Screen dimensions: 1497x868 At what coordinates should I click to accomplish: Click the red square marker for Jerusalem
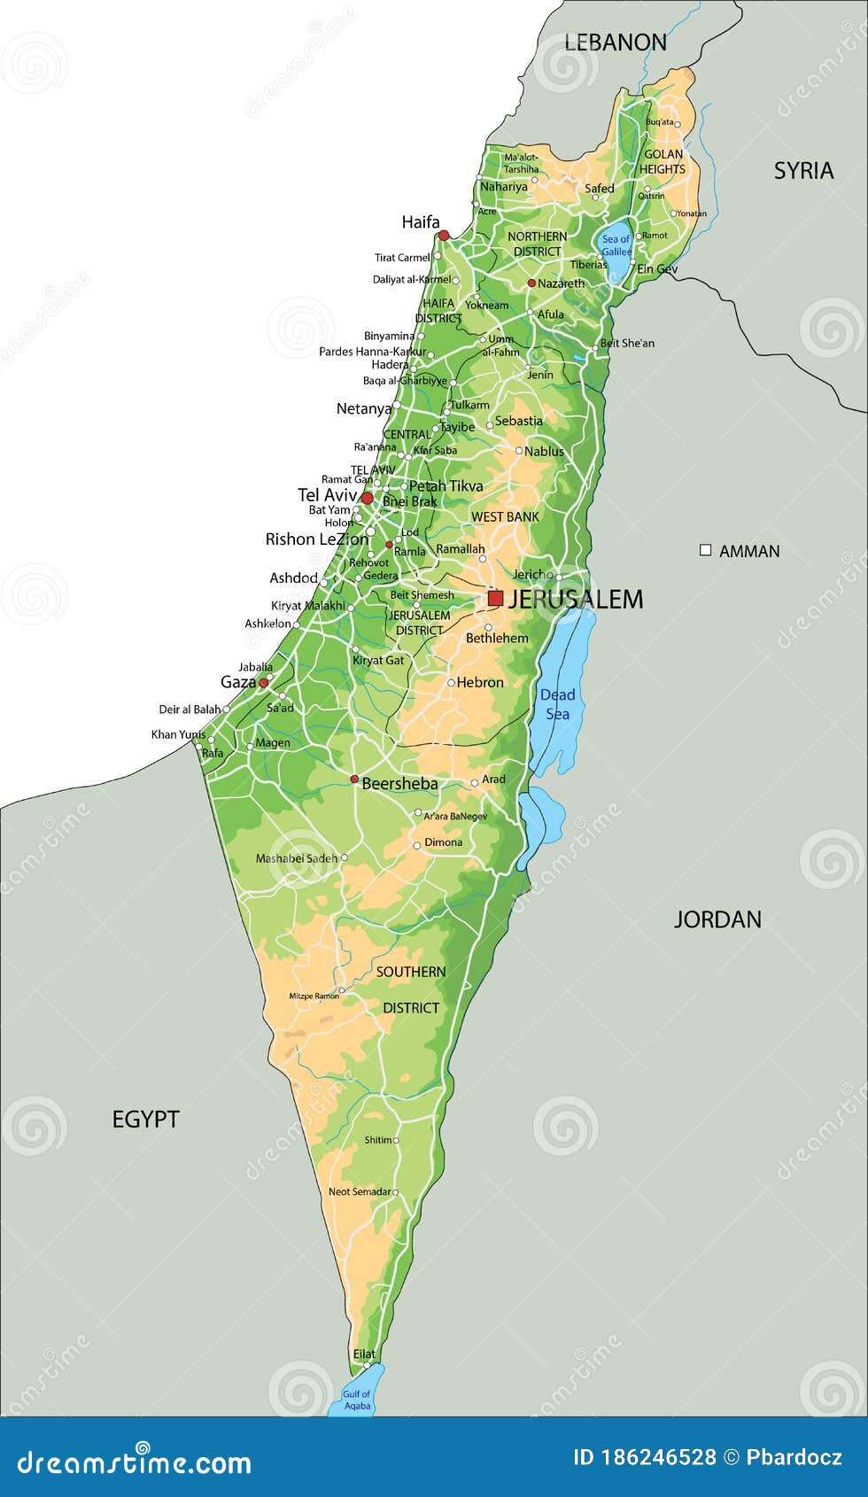coord(495,599)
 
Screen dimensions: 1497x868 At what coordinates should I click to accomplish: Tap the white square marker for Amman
coord(706,550)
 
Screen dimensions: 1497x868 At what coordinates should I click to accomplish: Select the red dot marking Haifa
coord(444,235)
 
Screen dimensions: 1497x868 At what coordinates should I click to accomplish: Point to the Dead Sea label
coord(558,704)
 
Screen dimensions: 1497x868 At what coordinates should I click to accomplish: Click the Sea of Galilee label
coord(616,245)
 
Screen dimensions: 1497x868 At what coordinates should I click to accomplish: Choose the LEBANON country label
coord(616,42)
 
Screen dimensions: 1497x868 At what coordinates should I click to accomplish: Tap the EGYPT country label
coord(145,1120)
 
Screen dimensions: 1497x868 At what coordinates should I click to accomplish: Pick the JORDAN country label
coord(717,919)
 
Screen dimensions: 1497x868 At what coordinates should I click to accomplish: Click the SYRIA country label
coord(803,170)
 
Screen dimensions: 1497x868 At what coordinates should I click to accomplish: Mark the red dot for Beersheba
coord(354,780)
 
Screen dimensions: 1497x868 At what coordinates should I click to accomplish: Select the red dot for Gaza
coord(263,683)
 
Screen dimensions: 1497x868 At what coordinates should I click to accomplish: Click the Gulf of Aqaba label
coord(357,1400)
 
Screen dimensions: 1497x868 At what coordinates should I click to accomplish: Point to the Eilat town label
coord(364,1354)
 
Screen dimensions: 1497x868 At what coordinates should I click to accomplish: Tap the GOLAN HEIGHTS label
coord(663,161)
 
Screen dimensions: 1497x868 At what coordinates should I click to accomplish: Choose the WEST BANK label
coord(505,516)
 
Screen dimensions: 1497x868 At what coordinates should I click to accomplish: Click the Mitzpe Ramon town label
coord(314,996)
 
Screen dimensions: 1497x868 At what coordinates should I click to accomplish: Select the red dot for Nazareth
coord(531,283)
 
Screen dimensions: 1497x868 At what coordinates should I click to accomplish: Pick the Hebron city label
coord(480,682)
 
